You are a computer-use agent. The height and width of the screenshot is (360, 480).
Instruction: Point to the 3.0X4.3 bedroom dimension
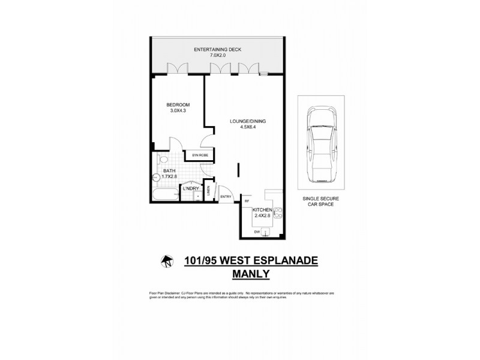pos(178,111)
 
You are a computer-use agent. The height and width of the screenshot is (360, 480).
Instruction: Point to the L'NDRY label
pos(190,189)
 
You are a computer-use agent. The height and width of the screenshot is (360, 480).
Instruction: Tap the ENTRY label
pos(226,196)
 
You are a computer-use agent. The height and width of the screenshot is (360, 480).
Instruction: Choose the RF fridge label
pos(247,200)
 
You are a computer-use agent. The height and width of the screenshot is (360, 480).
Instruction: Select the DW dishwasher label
pos(257,230)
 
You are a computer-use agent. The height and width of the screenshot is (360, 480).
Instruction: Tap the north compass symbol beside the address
pos(166,261)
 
